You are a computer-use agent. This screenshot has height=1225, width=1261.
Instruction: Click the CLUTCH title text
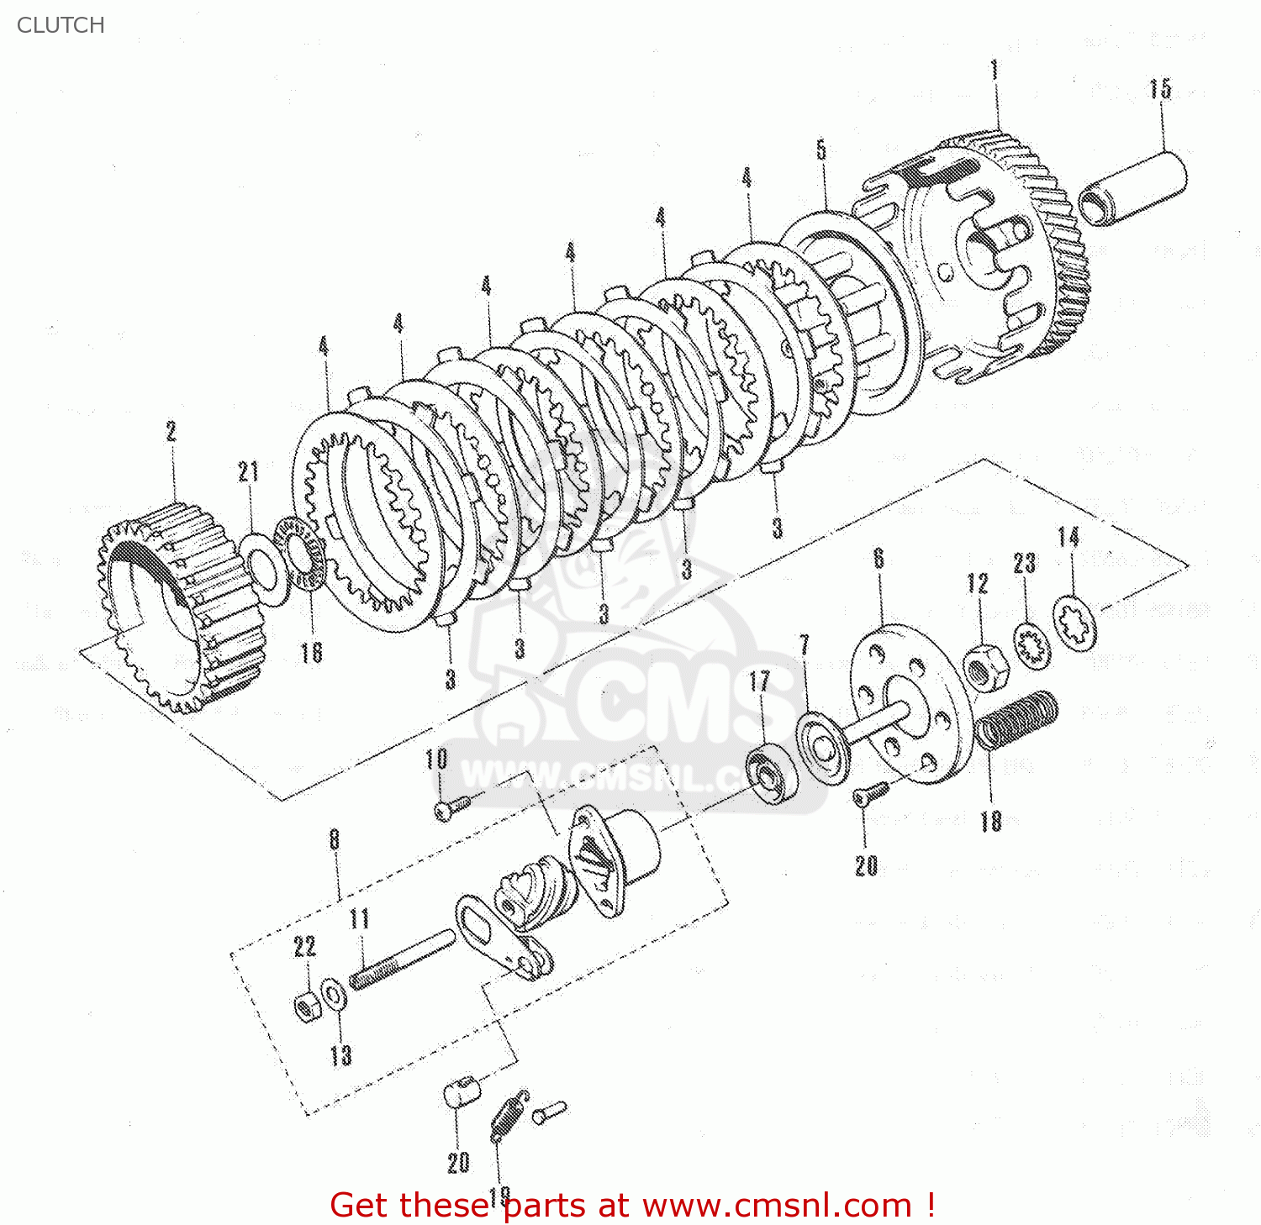61,25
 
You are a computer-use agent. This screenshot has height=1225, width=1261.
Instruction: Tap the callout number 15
1160,89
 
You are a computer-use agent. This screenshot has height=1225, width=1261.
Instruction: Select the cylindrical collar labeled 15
1132,188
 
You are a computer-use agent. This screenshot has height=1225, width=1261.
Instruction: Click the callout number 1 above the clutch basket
995,70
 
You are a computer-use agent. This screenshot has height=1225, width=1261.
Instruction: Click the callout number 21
248,472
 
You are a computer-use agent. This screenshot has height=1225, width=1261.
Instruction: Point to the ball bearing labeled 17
764,772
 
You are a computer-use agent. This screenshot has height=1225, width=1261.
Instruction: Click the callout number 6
878,559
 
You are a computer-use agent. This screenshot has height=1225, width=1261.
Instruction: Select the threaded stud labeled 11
402,961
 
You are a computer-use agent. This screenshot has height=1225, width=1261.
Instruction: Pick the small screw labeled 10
450,807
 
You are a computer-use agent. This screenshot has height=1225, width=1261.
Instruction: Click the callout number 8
335,839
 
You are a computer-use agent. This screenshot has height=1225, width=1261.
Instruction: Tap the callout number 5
821,150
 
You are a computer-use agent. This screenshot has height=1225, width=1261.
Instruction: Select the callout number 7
805,645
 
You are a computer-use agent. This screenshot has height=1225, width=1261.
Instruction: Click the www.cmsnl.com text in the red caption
777,1206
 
